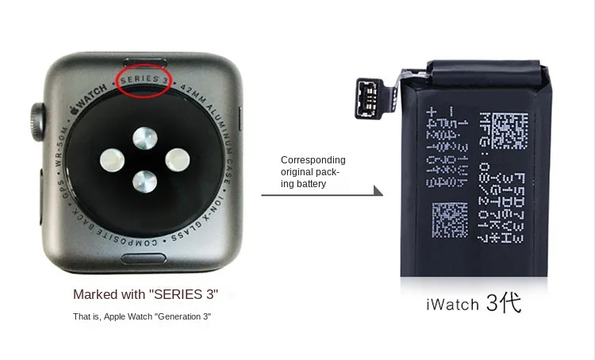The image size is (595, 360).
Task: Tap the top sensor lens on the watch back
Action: coord(145,139)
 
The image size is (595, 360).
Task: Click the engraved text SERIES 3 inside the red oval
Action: coord(144,80)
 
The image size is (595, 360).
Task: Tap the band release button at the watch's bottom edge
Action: coord(143,259)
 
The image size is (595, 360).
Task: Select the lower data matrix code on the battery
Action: coord(450,220)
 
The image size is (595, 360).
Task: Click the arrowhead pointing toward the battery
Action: coord(378,191)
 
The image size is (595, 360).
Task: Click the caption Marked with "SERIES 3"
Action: coord(145,294)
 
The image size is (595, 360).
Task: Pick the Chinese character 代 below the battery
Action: coord(511,303)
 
